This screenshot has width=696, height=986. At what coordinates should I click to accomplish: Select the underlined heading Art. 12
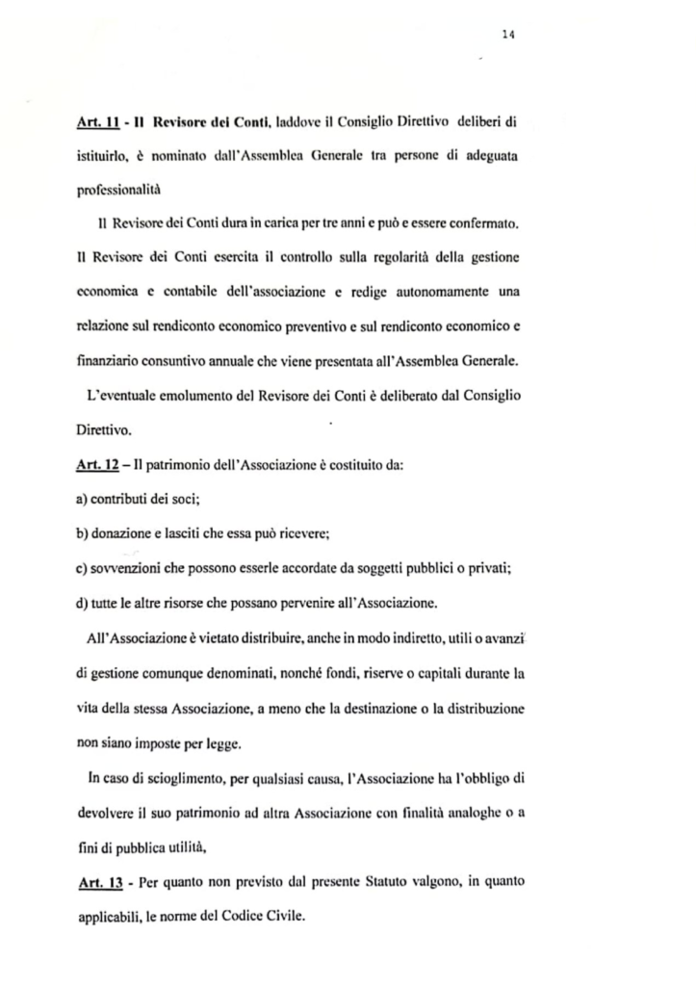click(96, 466)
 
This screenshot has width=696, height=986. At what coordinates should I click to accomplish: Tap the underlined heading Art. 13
click(96, 882)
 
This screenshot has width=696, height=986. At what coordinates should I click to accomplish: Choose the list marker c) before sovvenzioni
click(81, 568)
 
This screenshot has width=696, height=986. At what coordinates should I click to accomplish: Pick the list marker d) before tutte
click(81, 604)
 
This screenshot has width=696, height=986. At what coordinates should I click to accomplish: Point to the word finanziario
click(112, 363)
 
